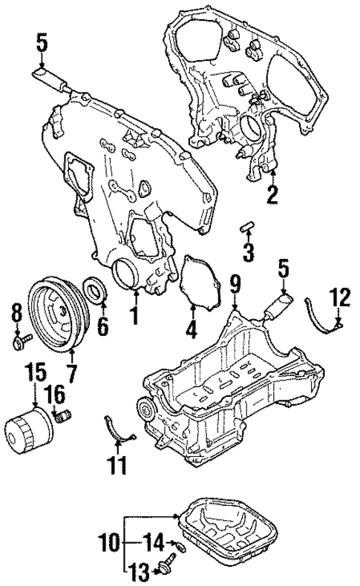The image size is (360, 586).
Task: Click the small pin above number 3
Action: pyautogui.click(x=248, y=226)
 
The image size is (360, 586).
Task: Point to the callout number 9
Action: pyautogui.click(x=235, y=282)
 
